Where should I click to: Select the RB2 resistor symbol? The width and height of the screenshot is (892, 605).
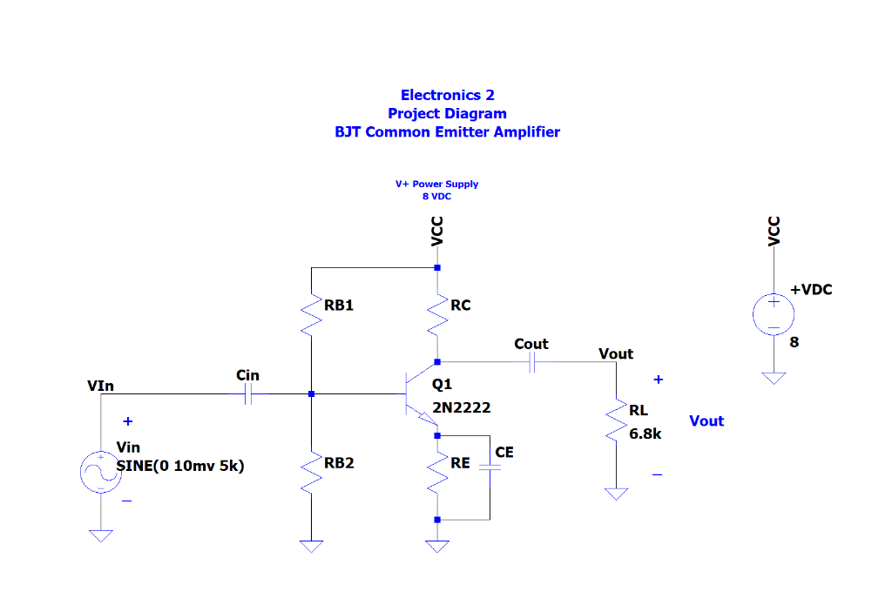coord(311,474)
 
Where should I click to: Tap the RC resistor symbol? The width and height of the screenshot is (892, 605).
coord(437,315)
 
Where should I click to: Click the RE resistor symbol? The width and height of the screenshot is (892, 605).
coord(437,474)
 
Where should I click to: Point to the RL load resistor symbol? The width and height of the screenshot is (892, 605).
coord(616,422)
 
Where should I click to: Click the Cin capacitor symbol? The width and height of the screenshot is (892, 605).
coord(249,394)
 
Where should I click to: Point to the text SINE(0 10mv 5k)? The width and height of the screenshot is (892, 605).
coord(180,466)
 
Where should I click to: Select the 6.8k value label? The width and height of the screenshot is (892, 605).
coord(645,434)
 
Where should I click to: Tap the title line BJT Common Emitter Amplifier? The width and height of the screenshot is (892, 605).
coord(447,132)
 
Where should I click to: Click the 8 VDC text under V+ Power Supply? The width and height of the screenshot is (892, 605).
coord(436,197)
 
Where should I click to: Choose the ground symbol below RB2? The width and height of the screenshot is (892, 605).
coord(311,547)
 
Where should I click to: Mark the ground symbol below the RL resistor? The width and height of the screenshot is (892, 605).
coord(616,494)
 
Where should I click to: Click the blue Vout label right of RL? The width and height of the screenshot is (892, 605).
coord(706,420)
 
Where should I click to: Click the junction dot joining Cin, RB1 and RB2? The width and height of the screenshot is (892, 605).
coord(311,394)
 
